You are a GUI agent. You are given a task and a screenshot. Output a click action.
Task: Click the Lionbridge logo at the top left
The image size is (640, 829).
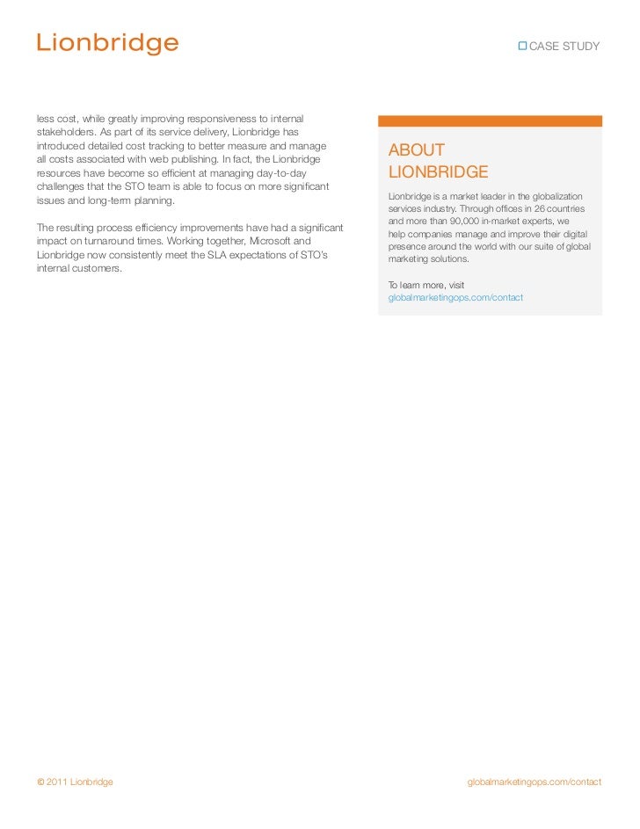point(106,42)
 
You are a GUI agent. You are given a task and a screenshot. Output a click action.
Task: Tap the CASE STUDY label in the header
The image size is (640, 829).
point(564,46)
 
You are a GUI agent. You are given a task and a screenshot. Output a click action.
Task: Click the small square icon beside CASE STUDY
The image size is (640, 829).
point(522,46)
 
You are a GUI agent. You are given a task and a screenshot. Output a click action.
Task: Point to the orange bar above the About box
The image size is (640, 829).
point(490,121)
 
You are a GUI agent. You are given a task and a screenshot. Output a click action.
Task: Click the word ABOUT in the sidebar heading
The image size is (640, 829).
point(417,150)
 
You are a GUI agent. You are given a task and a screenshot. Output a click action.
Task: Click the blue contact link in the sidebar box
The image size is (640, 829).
point(455,298)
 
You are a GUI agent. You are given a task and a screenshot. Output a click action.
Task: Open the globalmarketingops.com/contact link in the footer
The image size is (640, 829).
point(535,782)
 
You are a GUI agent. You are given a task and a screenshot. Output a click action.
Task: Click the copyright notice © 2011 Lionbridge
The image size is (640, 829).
point(75,782)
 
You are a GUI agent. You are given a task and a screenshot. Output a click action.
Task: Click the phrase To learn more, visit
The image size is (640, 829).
point(426,285)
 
